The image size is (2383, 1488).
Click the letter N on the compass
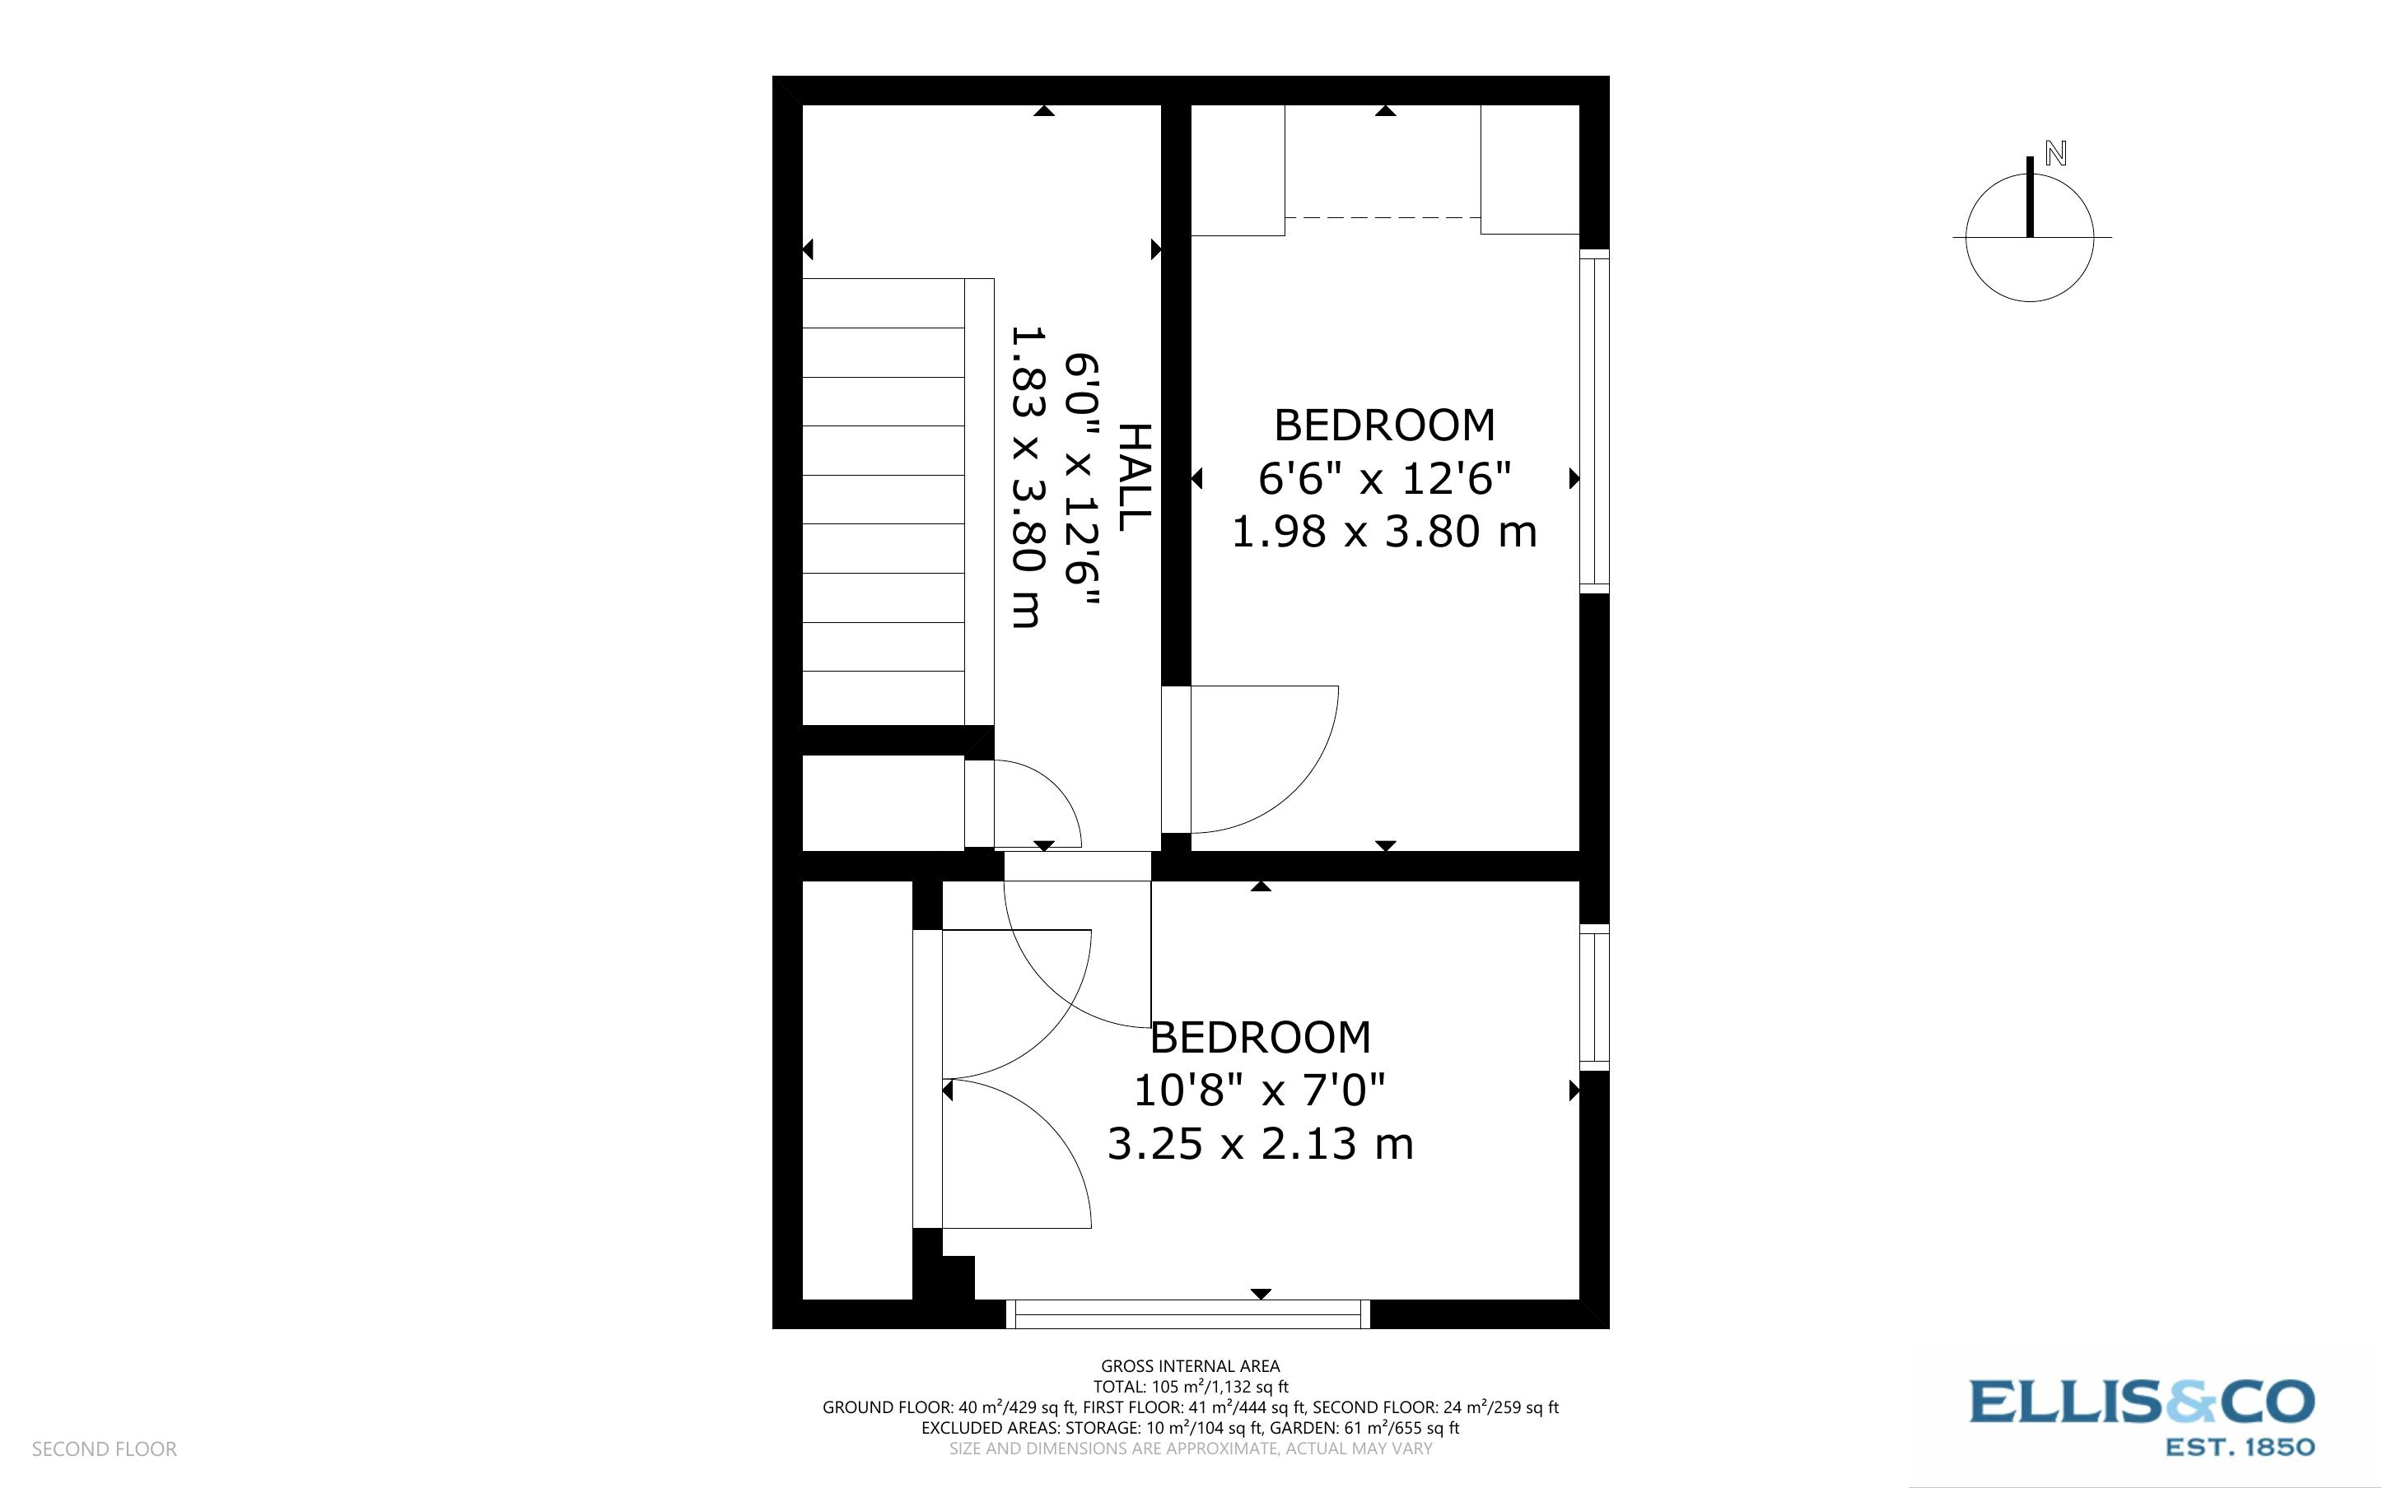2055,154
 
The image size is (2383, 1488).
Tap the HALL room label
1134,478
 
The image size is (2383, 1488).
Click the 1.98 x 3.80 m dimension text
1384,532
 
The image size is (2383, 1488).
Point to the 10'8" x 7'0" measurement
1260,1090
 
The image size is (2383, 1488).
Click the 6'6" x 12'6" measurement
1384,479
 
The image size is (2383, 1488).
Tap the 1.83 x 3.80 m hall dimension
1026,478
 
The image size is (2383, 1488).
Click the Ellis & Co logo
2142,1402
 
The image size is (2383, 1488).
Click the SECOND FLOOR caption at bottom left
105,1449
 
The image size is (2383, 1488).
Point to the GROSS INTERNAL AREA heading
1190,1366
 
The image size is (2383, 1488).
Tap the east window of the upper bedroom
1593,421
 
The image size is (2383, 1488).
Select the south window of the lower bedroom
1187,1314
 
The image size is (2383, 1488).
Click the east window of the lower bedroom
1593,997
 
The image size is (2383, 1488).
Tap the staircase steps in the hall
883,500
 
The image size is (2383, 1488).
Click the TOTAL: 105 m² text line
1190,1387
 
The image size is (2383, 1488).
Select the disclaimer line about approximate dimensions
1190,1448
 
